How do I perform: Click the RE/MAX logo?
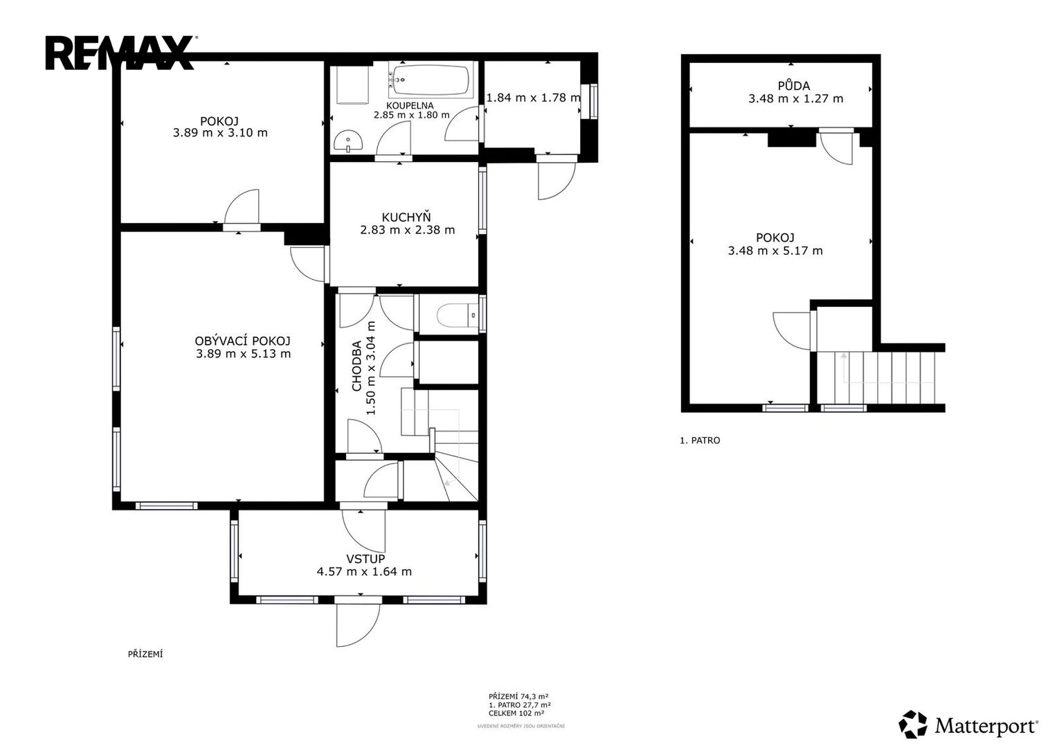coord(120,53)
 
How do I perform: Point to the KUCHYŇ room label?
coord(406,217)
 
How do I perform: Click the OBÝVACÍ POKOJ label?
coord(242,341)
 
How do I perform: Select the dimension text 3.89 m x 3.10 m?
coord(220,133)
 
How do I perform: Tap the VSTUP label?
coord(365,559)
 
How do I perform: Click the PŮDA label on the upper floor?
coord(794,85)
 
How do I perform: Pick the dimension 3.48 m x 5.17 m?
coord(775,251)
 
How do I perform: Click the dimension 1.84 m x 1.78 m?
coord(533,98)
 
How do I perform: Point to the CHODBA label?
coord(356,366)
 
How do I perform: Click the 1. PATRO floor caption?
coord(700,440)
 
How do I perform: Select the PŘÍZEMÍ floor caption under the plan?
coord(145,654)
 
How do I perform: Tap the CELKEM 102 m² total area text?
coord(516,713)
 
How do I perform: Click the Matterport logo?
coord(968,724)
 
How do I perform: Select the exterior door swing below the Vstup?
coord(358,625)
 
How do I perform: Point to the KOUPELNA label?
coord(410,105)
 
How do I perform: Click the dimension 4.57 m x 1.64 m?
coord(364,572)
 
